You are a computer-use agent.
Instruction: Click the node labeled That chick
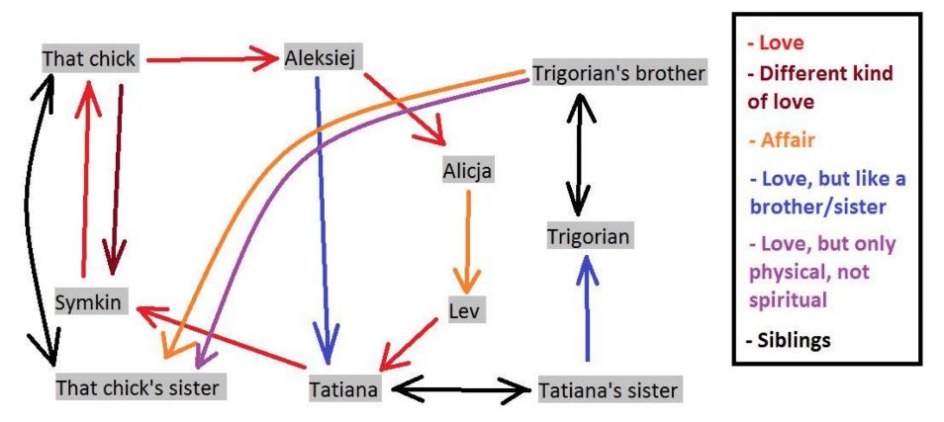coord(89,59)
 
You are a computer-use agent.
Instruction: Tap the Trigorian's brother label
coord(618,73)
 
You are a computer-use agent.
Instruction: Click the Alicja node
coord(467,170)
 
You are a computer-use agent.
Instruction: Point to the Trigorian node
coord(589,237)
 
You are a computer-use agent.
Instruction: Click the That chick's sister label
coord(138,386)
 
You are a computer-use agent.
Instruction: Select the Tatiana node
coord(343,388)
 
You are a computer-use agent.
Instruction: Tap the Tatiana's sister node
coord(608,389)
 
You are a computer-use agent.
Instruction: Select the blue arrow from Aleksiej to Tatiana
coord(322,217)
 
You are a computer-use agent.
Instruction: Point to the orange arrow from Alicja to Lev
coord(467,237)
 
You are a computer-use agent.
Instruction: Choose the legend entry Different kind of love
coord(821,87)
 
